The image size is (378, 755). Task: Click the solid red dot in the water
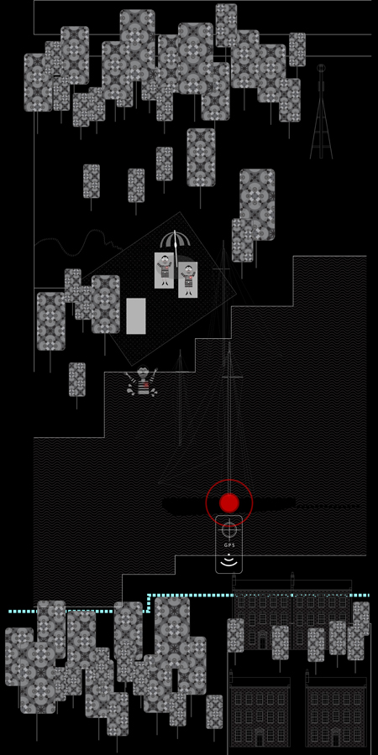coord(229,502)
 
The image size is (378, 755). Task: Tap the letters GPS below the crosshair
coord(229,545)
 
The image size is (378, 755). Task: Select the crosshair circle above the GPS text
coord(229,530)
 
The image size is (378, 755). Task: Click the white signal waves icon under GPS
coord(229,560)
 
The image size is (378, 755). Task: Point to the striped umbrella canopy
coord(175,239)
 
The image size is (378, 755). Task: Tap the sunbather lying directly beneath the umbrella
coord(165,270)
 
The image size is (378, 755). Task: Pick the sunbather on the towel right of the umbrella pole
coord(188,279)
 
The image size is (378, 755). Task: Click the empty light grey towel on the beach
coord(136,316)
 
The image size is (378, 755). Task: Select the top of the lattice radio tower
coord(321,68)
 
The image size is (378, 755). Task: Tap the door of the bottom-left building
coord(260,738)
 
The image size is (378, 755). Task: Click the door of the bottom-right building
coord(335,738)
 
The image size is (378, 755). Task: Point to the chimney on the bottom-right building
coord(307,674)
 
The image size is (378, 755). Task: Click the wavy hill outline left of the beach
coord(77,242)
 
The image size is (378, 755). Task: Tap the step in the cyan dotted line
coord(149,603)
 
